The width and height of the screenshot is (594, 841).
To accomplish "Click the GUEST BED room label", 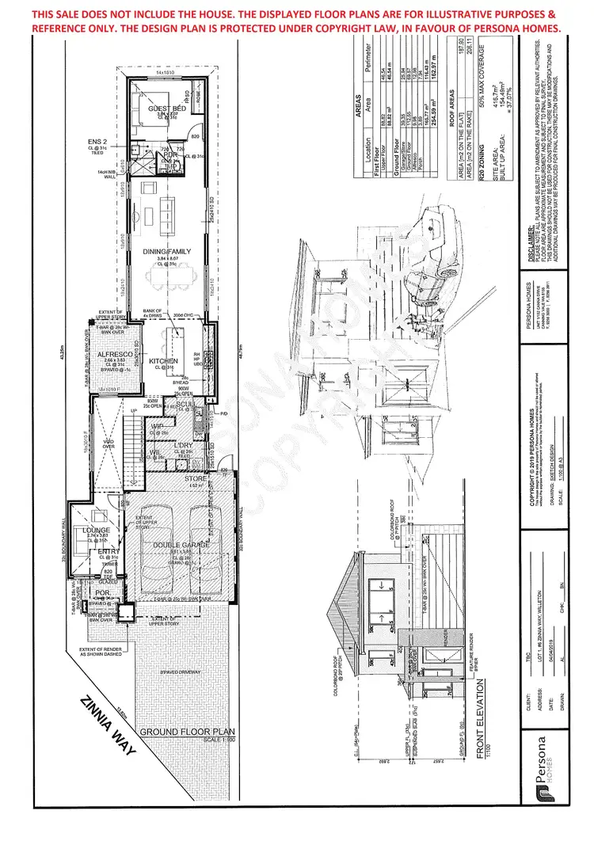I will point(167,108).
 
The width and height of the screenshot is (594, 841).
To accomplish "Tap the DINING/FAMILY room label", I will point(167,251).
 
